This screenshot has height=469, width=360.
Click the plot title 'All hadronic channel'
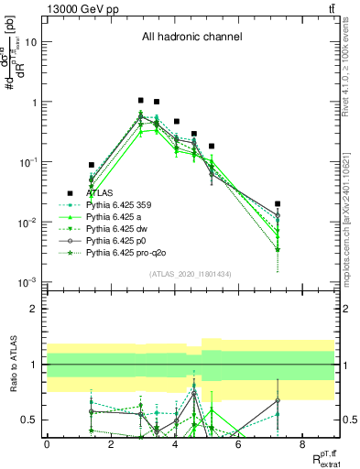tap(191, 37)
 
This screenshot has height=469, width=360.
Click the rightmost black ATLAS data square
tap(278, 203)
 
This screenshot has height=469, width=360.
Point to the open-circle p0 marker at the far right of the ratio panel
tap(278, 400)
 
